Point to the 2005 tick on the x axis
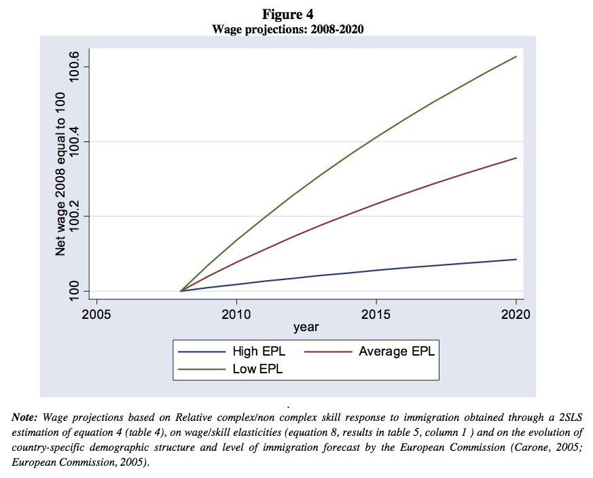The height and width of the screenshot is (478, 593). tap(96, 315)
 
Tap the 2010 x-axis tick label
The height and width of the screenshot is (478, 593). tap(236, 315)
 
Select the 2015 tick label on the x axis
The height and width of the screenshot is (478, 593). tap(376, 315)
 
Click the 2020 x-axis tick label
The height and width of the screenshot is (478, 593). tap(516, 315)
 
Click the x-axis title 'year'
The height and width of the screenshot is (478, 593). tap(306, 328)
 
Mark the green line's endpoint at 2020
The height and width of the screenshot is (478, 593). tap(516, 56)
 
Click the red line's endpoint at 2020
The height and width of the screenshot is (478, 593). tap(516, 158)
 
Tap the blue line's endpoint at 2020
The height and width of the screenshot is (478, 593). tap(516, 259)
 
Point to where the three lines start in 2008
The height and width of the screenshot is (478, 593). tap(181, 291)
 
